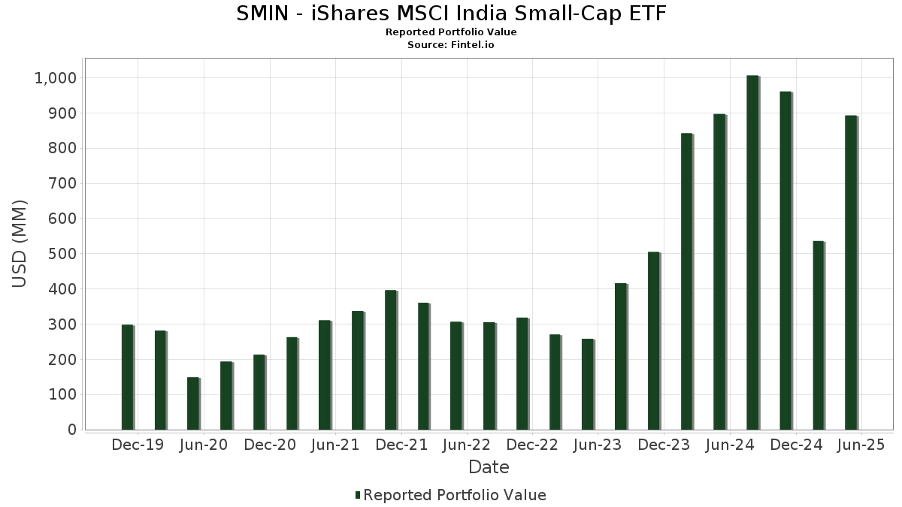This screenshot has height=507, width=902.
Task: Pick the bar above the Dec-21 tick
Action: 390,360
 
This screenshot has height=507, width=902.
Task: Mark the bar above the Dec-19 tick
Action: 127,377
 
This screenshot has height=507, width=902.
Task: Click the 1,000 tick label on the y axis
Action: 55,78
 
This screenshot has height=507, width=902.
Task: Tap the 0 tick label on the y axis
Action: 71,430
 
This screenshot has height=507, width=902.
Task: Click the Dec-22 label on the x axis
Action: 532,445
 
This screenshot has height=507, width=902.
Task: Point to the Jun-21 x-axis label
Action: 335,445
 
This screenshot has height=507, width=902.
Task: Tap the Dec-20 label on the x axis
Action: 270,445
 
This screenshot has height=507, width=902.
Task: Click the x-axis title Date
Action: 489,467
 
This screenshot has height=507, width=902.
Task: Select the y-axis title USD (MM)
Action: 20,243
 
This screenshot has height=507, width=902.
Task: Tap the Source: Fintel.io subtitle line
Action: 451,45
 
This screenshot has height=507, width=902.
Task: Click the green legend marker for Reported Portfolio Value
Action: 358,495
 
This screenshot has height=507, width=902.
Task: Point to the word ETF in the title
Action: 648,14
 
